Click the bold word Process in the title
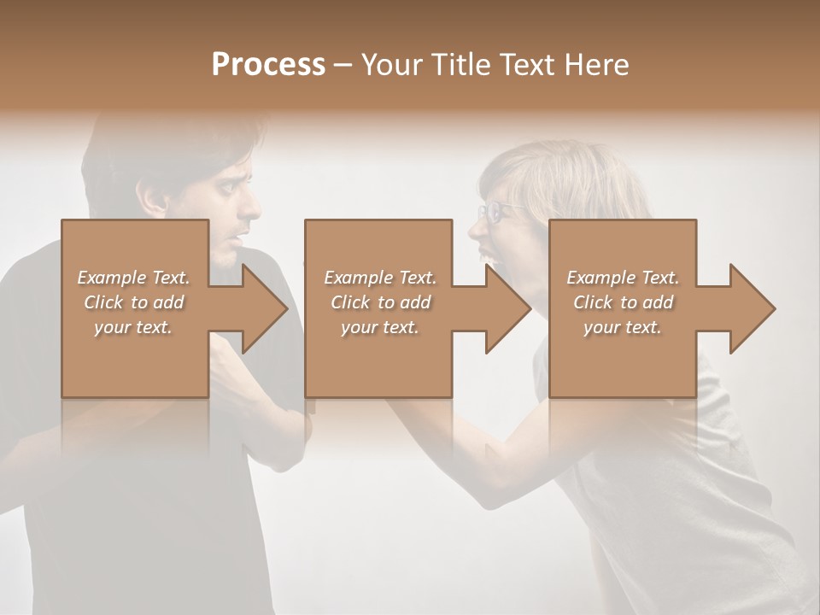tap(268, 65)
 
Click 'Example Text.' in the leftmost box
tap(133, 278)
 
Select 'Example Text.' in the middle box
tap(380, 278)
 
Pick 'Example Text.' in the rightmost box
tap(623, 278)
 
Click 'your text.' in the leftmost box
tap(133, 327)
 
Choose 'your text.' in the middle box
tap(380, 327)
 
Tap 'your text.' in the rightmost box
tap(623, 327)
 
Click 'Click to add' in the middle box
tap(380, 302)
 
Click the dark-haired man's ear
tap(156, 199)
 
